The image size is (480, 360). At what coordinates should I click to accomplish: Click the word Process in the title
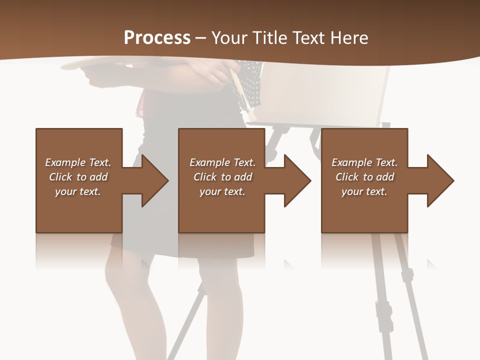pyautogui.click(x=157, y=38)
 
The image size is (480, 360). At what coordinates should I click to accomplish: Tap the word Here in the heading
pyautogui.click(x=349, y=38)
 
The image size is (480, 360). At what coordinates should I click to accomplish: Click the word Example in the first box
pyautogui.click(x=65, y=162)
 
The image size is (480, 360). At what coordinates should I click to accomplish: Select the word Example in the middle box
pyautogui.click(x=209, y=162)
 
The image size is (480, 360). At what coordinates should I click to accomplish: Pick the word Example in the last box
pyautogui.click(x=351, y=162)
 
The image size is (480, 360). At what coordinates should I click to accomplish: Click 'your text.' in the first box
pyautogui.click(x=78, y=191)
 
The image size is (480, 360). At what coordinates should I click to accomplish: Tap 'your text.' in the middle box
pyautogui.click(x=222, y=191)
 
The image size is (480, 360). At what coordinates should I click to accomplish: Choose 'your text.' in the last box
pyautogui.click(x=364, y=191)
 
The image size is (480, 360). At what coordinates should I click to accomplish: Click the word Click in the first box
pyautogui.click(x=60, y=177)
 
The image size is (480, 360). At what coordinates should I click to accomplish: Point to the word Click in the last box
pyautogui.click(x=347, y=177)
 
